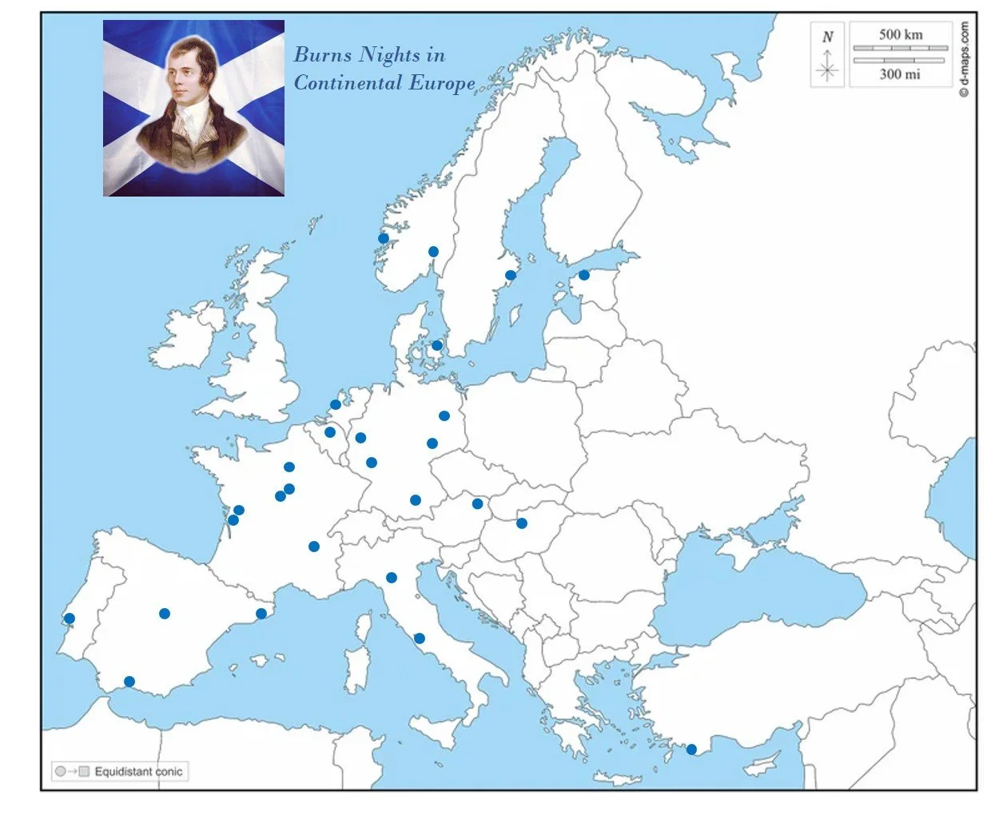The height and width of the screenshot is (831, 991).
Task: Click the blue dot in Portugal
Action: (x=70, y=618)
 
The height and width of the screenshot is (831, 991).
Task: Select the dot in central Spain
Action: (x=165, y=614)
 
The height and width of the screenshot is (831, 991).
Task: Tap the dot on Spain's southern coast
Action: (x=129, y=682)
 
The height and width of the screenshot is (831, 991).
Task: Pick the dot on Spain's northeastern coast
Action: (x=261, y=614)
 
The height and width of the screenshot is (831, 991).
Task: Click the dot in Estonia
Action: (x=584, y=275)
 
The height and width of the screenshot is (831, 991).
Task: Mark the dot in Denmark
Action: (x=437, y=346)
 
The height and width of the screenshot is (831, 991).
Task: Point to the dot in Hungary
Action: (x=522, y=523)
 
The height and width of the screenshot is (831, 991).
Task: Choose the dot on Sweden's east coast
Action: (x=511, y=276)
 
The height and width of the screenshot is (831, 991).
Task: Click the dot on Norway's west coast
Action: (x=384, y=238)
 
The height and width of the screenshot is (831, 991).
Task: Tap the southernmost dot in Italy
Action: (x=420, y=638)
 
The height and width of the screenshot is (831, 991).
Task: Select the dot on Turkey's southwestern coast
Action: (x=691, y=749)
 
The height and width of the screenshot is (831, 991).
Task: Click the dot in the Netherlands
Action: (x=336, y=405)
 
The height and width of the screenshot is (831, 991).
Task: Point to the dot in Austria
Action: (x=477, y=503)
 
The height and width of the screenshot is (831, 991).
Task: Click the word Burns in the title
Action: (x=323, y=54)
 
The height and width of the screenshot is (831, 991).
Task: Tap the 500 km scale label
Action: (x=901, y=34)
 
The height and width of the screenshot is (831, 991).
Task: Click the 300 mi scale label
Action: (x=900, y=74)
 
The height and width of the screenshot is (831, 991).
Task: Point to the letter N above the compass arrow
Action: (x=828, y=37)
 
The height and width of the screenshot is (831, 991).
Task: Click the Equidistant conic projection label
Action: (x=138, y=772)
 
